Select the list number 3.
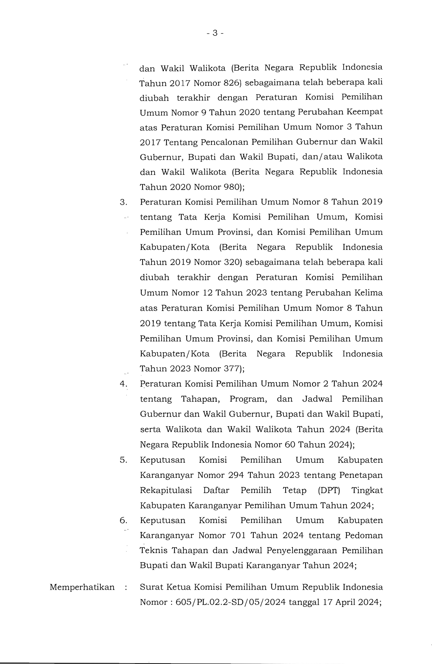[x=123, y=202]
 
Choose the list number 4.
[x=123, y=384]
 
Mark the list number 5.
[x=123, y=460]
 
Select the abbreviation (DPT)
[x=329, y=490]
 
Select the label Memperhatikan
[x=82, y=587]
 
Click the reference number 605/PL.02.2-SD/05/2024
[x=231, y=602]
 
